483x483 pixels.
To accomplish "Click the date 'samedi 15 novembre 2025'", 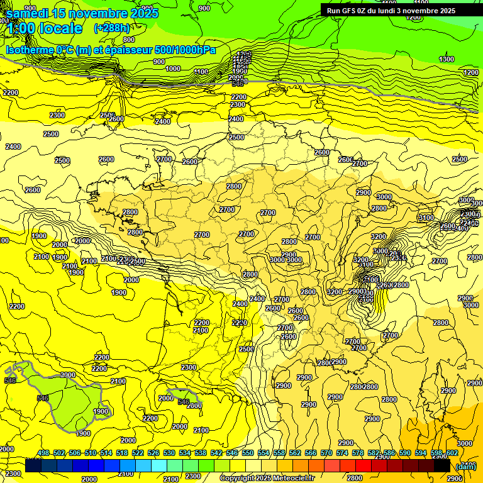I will point(82,13).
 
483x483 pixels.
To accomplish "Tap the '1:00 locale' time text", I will point(44,29).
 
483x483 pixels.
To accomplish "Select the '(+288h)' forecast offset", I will point(113,28).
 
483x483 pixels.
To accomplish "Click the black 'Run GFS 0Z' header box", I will point(397,10).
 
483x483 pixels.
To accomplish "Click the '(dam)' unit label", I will point(466,466).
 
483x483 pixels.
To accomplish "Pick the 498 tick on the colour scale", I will point(43,453).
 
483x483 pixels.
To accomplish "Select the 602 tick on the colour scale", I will point(452,453).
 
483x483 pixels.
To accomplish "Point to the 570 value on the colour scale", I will point(326,453).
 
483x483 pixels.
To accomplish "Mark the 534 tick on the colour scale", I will point(185,453).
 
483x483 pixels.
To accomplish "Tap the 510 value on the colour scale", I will point(91,453).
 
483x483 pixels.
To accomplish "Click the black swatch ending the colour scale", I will point(442,465).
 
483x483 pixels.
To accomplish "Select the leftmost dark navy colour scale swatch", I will point(33,465).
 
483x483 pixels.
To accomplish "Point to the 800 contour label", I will point(129,40).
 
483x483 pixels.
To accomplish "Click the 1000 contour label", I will point(173,69).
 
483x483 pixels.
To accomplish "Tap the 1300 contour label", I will point(447,59).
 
